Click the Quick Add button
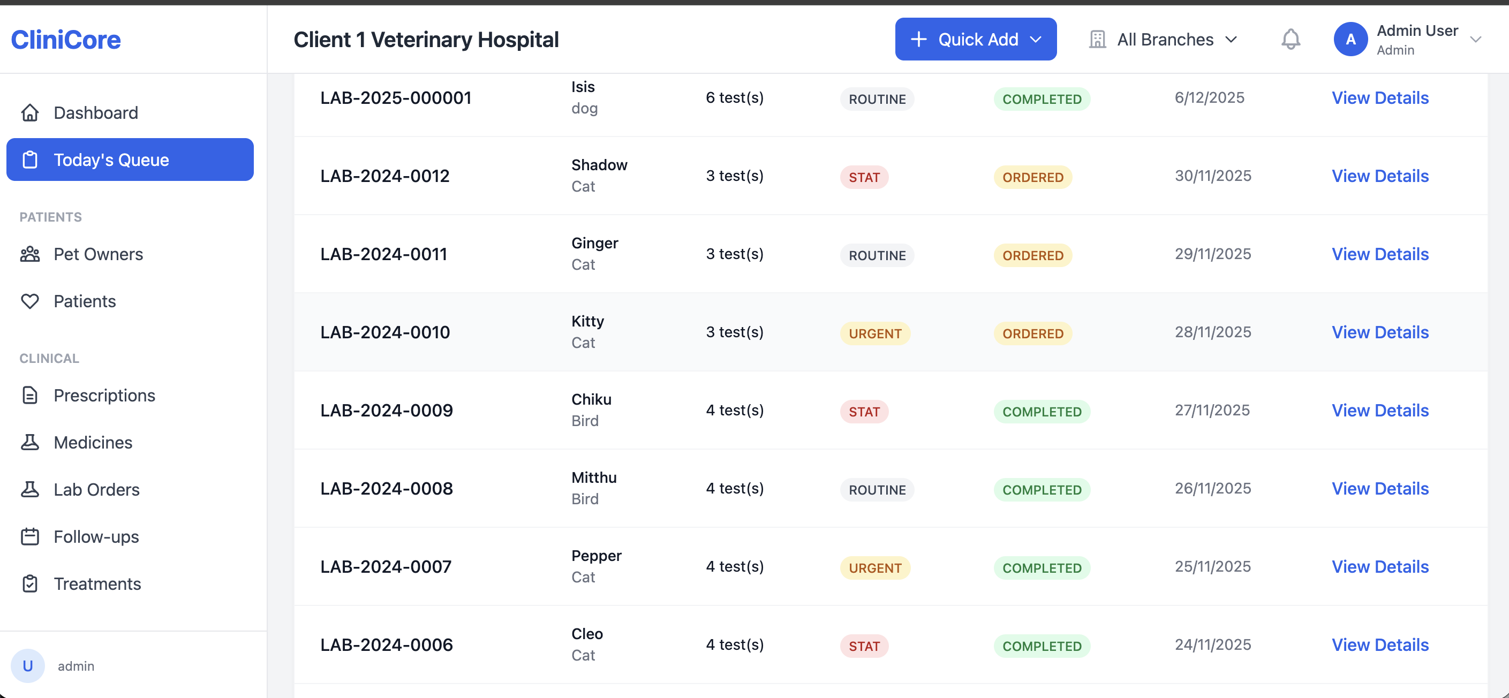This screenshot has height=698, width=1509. point(975,39)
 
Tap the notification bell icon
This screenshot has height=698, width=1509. point(1291,39)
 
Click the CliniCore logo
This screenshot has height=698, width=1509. point(66,39)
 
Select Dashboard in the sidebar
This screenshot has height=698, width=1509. point(95,112)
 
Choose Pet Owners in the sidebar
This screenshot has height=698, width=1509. point(98,254)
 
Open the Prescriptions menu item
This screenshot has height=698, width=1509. point(104,395)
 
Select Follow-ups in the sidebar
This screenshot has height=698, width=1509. point(96,536)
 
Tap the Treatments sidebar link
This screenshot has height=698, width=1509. point(97,584)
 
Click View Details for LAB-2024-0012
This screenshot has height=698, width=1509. point(1380,176)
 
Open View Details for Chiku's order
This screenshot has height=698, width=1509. point(1380,411)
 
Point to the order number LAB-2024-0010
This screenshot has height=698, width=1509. point(385,332)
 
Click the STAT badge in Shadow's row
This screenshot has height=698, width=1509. point(864,177)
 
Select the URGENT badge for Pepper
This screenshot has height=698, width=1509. point(875,568)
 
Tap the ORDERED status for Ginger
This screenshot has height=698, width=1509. point(1033,255)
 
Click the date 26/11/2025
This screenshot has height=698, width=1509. point(1212,488)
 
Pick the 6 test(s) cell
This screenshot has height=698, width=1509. point(735,98)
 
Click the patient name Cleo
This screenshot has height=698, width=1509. point(587,634)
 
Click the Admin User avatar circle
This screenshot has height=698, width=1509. point(1350,39)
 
